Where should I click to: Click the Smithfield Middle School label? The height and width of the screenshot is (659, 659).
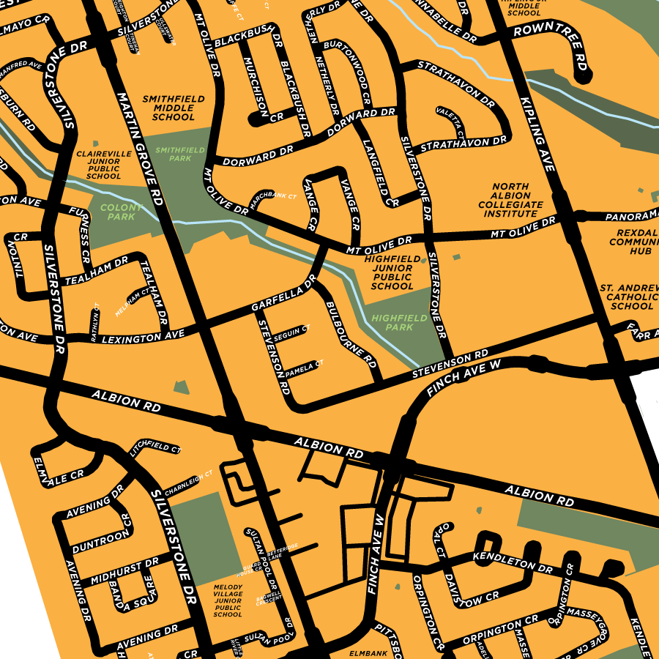point(174,108)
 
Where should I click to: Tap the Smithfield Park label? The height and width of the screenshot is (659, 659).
point(174,153)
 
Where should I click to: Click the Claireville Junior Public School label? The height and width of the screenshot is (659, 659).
point(103,165)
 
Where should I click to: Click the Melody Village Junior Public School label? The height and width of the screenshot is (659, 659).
point(227,600)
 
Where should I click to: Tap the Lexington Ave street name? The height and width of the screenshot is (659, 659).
point(143,338)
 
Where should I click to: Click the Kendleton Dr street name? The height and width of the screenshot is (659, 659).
point(512,562)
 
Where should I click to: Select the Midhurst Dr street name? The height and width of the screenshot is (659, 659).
point(124,572)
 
